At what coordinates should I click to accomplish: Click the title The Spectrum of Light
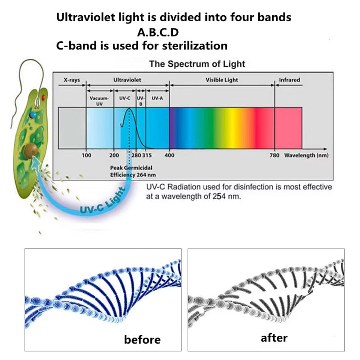coord(197,64)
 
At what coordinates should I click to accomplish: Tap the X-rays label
coord(72,80)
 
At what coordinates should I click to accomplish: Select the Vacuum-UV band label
coord(99,100)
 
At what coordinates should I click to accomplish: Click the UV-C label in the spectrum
coord(125,98)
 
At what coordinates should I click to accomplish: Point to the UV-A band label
coord(157,98)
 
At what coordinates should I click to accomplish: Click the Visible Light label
coord(222,80)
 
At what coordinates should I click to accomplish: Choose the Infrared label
coord(289,80)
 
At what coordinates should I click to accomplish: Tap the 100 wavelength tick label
coord(86,155)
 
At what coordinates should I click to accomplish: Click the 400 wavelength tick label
coord(169,155)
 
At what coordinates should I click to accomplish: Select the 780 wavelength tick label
coord(274,155)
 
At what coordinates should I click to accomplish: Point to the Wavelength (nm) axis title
coord(306,155)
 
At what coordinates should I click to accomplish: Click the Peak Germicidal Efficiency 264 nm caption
coord(133,171)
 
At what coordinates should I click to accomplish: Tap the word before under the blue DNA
coord(142,339)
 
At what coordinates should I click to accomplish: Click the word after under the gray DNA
coord(274,337)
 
